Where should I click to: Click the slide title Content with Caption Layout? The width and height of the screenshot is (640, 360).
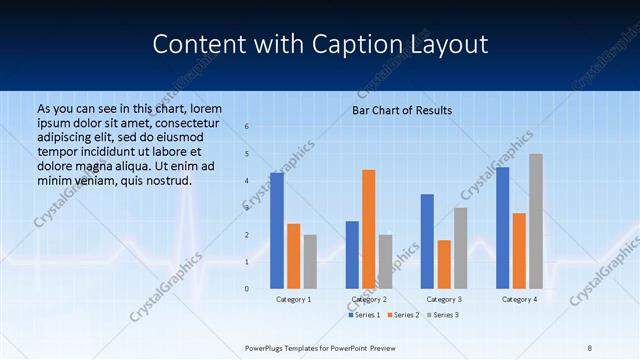tap(320, 45)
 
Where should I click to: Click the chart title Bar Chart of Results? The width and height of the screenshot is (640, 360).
tap(401, 110)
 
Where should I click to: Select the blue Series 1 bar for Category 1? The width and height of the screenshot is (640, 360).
tap(277, 231)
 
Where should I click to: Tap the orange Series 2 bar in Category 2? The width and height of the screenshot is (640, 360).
tap(369, 229)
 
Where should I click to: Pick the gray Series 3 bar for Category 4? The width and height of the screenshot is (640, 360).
tap(536, 221)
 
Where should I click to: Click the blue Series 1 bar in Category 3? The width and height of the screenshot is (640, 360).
tap(427, 241)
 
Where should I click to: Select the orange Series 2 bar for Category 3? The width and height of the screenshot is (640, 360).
tap(444, 264)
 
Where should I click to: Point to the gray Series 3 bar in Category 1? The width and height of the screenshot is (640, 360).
tap(310, 262)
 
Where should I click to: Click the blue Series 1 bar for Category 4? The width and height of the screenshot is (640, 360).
tap(502, 228)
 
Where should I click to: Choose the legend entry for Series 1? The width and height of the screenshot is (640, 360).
tap(364, 315)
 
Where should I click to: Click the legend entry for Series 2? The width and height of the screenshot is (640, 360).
tap(402, 315)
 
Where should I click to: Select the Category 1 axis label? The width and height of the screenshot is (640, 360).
tap(293, 299)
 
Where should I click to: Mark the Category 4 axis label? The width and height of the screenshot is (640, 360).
tap(518, 299)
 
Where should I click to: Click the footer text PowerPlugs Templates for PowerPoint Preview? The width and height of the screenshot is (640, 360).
tap(320, 347)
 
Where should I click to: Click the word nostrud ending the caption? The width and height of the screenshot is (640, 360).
tap(166, 180)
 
